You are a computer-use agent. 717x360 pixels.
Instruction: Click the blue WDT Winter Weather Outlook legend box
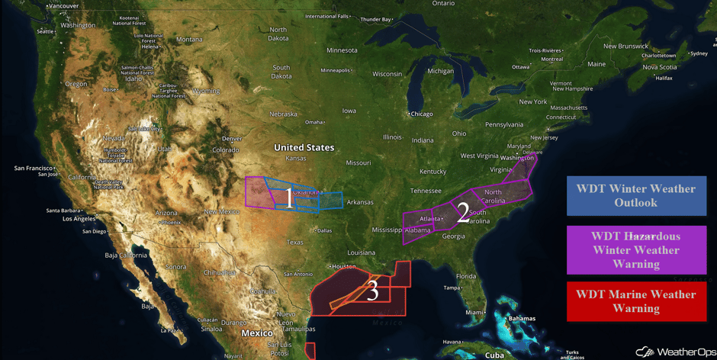point(635,195)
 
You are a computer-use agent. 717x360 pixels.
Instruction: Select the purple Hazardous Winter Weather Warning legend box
point(635,249)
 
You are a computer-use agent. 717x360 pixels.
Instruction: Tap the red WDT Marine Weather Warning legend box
point(635,301)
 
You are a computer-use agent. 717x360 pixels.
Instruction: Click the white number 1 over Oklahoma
point(288,198)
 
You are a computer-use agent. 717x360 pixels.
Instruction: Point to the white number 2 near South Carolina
point(462,213)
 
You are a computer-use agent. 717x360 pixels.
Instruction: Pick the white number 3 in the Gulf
point(372,291)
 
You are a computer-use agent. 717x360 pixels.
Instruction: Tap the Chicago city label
point(421,114)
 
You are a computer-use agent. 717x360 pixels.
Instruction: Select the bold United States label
point(304,147)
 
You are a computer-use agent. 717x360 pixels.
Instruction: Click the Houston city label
point(344,266)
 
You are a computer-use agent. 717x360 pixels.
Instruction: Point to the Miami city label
point(474,312)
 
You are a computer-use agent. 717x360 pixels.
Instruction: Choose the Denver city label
point(231,139)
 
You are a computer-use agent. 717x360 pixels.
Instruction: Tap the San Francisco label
point(34,168)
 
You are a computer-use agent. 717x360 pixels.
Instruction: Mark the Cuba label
point(495,355)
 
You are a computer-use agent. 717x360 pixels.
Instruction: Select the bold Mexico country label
point(257,333)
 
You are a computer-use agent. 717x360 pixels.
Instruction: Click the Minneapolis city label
point(335,70)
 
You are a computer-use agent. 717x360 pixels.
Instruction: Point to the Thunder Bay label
point(375,19)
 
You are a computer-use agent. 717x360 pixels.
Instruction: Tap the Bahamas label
point(522,318)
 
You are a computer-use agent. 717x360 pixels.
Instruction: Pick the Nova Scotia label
point(659,67)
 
